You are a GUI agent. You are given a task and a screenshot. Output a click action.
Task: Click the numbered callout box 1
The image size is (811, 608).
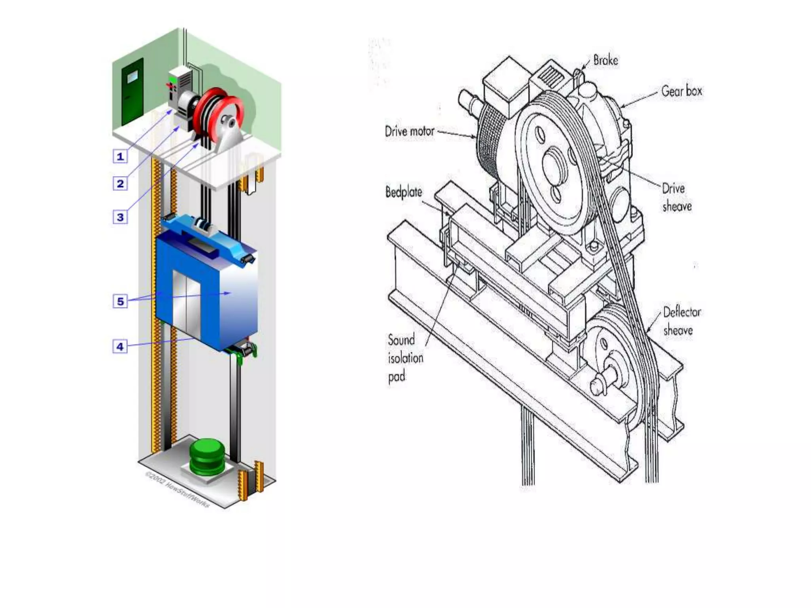tap(120, 156)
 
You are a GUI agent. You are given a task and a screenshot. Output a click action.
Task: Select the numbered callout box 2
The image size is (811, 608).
tap(120, 184)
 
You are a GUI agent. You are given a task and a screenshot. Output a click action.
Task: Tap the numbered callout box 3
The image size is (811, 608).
tap(120, 217)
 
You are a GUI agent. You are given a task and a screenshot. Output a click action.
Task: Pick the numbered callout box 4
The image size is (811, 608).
tap(120, 346)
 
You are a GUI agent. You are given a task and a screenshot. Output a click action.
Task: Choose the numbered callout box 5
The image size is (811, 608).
tap(120, 301)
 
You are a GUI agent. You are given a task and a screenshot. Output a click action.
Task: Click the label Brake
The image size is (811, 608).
tap(605, 61)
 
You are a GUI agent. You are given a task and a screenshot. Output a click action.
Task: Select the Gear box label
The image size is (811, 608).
tap(682, 91)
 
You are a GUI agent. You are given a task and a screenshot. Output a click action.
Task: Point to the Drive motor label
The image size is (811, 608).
tap(409, 131)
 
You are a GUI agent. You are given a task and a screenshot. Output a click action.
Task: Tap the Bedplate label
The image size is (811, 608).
tap(404, 192)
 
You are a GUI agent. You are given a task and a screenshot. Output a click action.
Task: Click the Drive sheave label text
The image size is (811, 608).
tap(676, 197)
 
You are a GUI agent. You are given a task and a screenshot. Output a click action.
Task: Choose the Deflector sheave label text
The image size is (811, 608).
tap(682, 321)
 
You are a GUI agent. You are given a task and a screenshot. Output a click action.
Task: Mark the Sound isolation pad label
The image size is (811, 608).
tap(405, 358)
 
